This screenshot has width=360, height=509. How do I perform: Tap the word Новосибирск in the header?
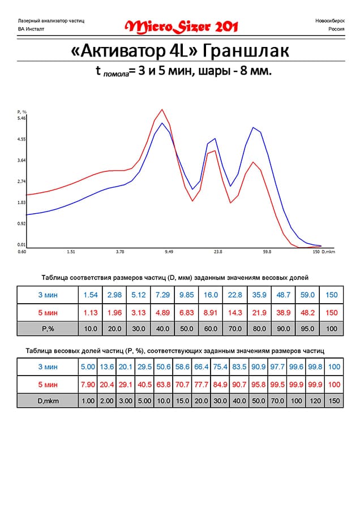[x=327, y=20]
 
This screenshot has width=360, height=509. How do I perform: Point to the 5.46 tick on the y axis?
[x=22, y=118]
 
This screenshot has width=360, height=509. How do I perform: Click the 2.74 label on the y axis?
[x=22, y=181]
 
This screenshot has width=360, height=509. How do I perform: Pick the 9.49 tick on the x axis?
[x=169, y=252]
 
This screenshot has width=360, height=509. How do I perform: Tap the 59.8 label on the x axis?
[x=267, y=252]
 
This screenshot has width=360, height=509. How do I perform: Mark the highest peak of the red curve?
[x=162, y=110]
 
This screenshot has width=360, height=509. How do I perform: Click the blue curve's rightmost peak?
[x=253, y=128]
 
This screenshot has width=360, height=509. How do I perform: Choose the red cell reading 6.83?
[x=186, y=312]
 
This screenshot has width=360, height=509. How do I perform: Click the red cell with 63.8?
[x=163, y=384]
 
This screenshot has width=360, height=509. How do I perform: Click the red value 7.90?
[x=88, y=384]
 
